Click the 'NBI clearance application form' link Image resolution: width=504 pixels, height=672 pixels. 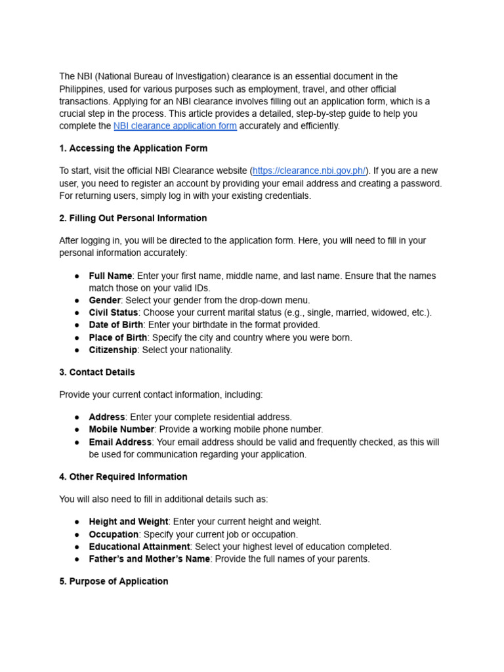[175, 126]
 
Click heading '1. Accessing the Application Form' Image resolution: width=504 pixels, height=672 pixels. [133, 148]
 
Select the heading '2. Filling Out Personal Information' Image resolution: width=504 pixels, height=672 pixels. [133, 218]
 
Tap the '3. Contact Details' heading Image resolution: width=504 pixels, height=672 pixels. [97, 372]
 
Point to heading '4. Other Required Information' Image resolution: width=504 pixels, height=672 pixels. [123, 476]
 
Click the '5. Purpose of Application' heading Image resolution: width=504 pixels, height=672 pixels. [114, 581]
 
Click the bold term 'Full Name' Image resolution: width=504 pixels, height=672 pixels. [110, 276]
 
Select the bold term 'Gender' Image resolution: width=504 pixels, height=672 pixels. [105, 300]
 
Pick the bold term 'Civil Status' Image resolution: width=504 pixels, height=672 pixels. [114, 312]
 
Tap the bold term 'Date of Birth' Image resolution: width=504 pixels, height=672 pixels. [115, 325]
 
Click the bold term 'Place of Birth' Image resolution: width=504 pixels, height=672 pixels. [118, 337]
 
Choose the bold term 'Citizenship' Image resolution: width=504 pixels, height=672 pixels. [113, 350]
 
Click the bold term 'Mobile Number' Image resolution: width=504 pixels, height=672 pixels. [122, 429]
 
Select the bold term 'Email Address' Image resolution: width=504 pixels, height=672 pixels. [120, 442]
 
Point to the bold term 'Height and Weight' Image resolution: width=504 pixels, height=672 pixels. [129, 522]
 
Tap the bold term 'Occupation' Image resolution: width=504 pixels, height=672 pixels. [114, 534]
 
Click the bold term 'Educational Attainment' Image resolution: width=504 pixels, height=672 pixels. [140, 547]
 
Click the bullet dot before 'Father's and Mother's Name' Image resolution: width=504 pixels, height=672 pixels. [77, 559]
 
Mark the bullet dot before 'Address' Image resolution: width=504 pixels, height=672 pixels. [77, 417]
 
